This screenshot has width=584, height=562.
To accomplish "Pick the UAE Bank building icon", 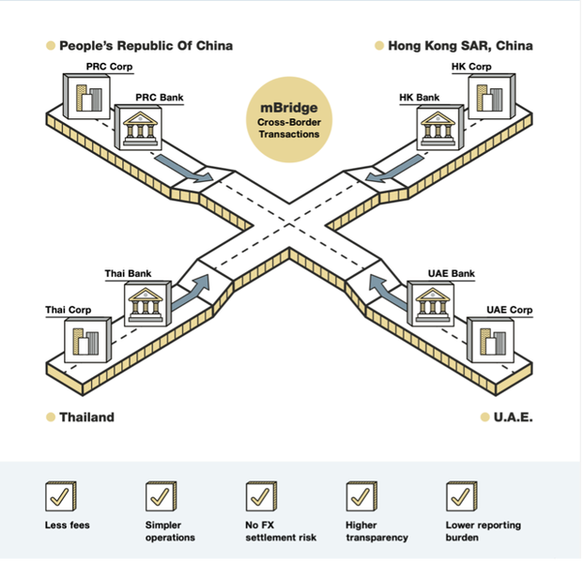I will click(x=432, y=302).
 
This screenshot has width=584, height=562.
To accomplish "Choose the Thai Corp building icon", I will click(x=85, y=339).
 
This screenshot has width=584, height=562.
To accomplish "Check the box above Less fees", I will click(x=61, y=495).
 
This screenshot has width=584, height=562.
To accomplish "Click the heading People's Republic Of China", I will click(x=146, y=45).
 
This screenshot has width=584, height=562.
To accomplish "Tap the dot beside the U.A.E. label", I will click(x=484, y=417).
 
